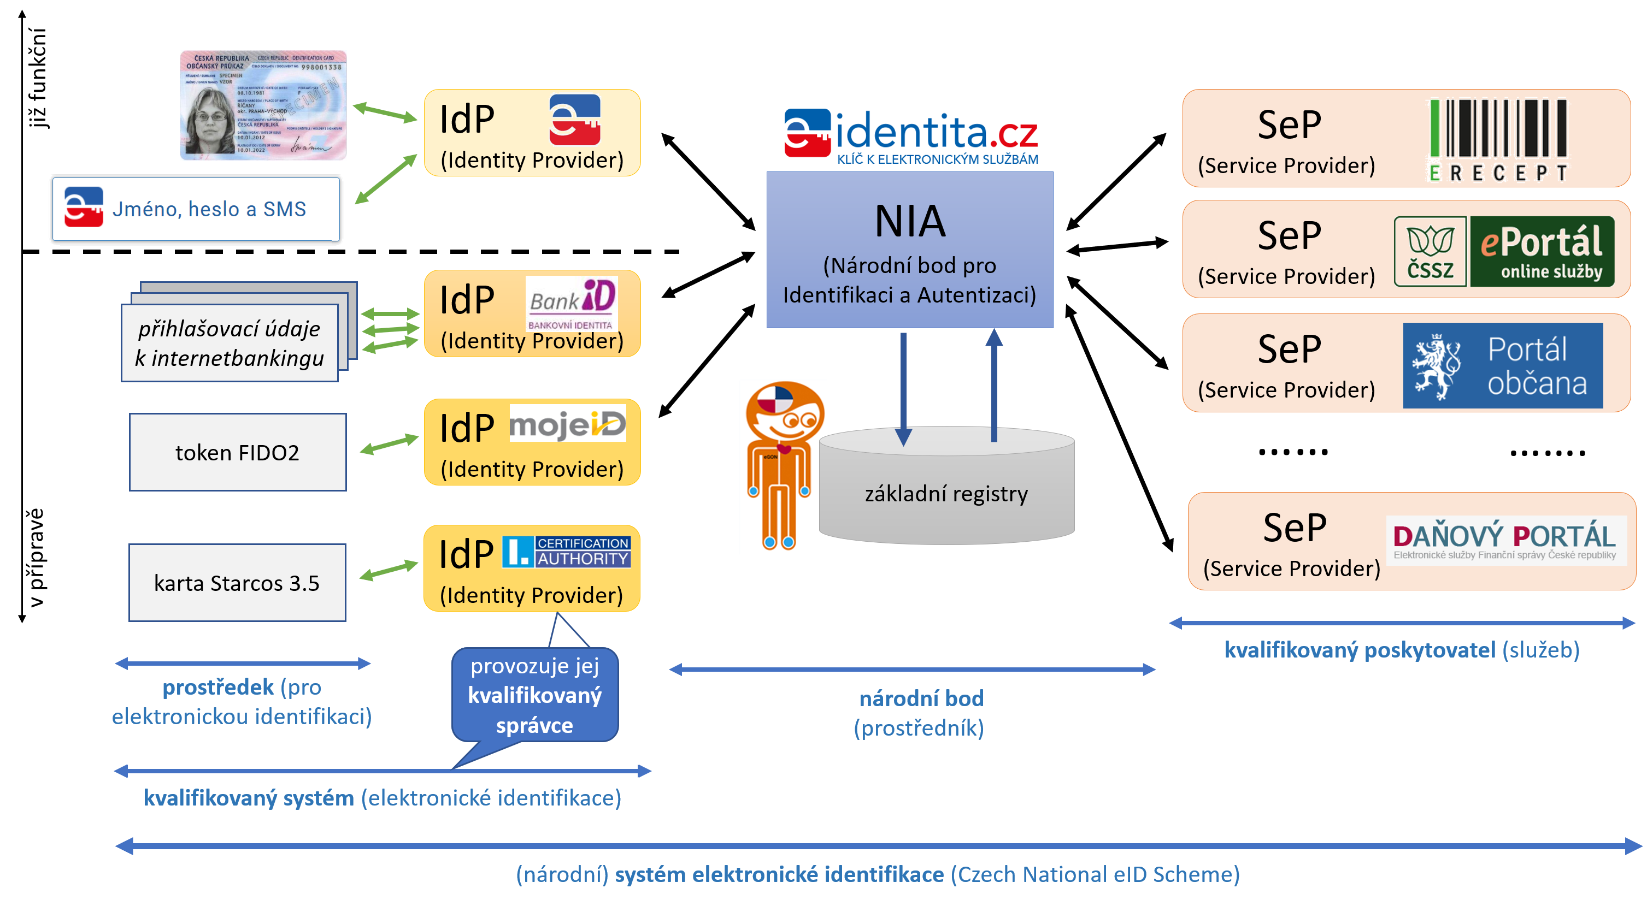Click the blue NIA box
click(909, 250)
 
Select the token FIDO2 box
click(237, 452)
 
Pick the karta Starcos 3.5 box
click(237, 583)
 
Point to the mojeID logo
click(567, 424)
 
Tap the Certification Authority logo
click(567, 552)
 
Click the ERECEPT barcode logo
click(1497, 139)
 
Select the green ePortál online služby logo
click(1542, 252)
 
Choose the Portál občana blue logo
click(1503, 365)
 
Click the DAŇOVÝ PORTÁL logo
click(1504, 540)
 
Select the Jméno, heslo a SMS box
click(196, 209)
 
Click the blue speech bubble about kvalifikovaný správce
click(534, 695)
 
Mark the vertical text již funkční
click(37, 78)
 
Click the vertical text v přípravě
click(37, 557)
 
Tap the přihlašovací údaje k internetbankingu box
click(230, 343)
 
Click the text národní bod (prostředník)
click(920, 713)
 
